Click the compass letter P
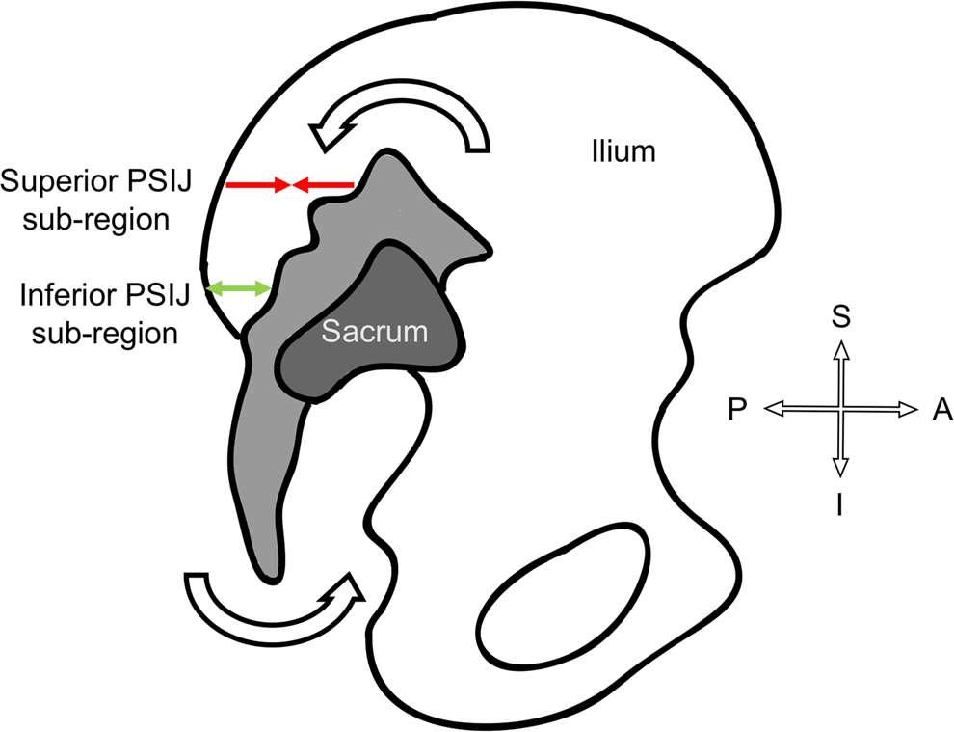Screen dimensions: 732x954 [x=737, y=411]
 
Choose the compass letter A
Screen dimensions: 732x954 [x=941, y=411]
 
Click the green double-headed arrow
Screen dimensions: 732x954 [x=239, y=287]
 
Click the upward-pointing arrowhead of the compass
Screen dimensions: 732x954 [x=840, y=349]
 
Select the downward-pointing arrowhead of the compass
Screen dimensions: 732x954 [x=840, y=468]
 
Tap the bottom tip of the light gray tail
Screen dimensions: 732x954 [x=271, y=579]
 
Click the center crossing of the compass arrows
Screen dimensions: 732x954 [x=840, y=410]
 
